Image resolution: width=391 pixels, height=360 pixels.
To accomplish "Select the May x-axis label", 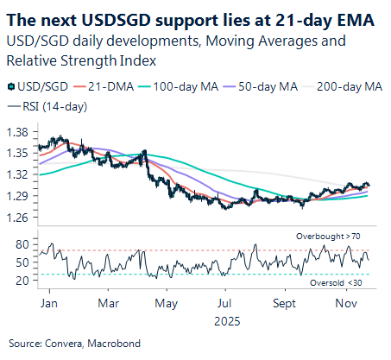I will (169, 304).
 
